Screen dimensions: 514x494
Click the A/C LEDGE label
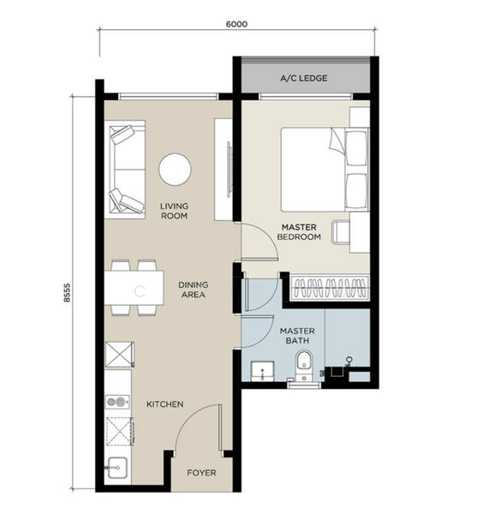click(303, 79)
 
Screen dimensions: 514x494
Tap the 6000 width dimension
click(237, 24)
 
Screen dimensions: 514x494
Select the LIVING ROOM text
click(174, 211)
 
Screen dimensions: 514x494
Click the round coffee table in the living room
click(176, 169)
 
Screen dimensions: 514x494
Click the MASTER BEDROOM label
click(301, 231)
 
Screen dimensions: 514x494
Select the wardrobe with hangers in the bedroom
click(330, 286)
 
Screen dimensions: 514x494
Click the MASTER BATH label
click(297, 337)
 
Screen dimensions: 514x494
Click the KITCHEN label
click(164, 403)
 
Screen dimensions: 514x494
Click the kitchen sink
click(116, 468)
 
